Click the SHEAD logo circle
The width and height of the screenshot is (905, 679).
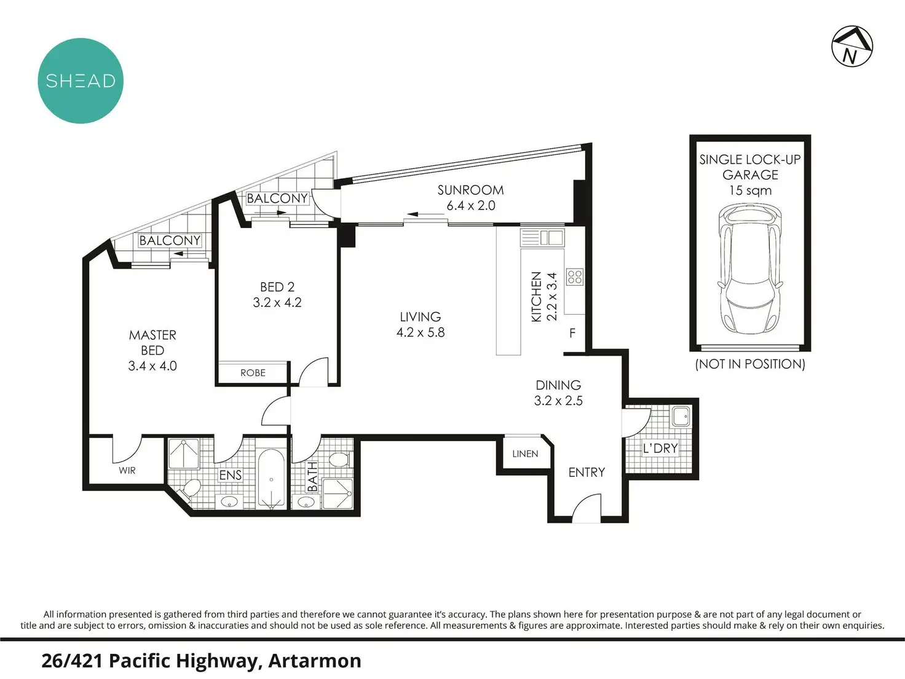[x=81, y=80]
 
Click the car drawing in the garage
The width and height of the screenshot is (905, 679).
[x=750, y=270]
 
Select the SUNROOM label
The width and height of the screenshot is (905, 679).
[x=470, y=190]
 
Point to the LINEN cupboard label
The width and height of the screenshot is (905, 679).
[x=525, y=454]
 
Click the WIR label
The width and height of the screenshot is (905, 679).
[x=127, y=471]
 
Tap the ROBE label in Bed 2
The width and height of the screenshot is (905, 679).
[x=253, y=373]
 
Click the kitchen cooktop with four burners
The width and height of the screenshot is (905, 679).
[x=575, y=277]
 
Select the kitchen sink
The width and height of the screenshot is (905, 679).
[x=542, y=238]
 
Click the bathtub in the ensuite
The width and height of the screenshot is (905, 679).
[x=271, y=479]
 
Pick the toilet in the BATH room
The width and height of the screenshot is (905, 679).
[x=340, y=458]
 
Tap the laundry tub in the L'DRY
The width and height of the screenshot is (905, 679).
[x=681, y=417]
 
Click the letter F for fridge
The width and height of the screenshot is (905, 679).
[x=572, y=333]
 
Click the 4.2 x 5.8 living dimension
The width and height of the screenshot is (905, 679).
[x=421, y=332]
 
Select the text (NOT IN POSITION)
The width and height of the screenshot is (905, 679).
[x=750, y=364]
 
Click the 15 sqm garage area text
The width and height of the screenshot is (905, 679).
[x=750, y=190]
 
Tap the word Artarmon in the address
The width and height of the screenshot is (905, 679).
[x=315, y=661]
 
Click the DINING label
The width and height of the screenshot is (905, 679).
[x=558, y=385]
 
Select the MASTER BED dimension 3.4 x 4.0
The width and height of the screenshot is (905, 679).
[x=152, y=366]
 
